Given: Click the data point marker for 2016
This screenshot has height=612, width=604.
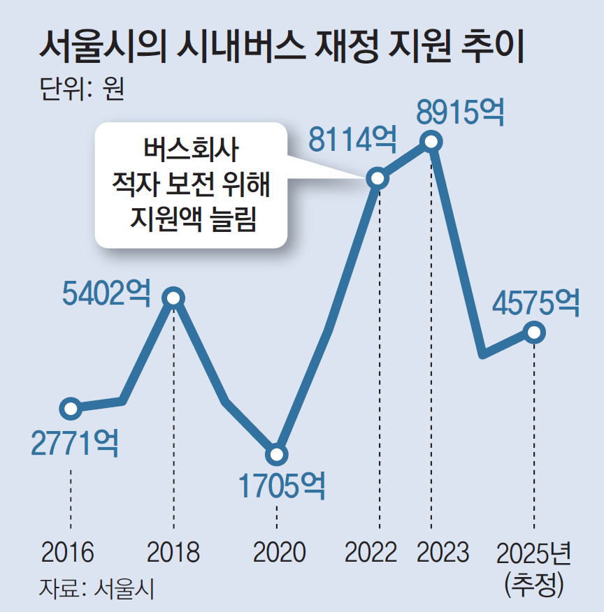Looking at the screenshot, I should (x=71, y=408).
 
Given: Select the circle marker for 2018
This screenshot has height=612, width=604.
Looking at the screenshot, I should (x=173, y=298).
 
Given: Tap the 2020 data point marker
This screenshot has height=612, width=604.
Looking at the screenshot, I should (x=277, y=456).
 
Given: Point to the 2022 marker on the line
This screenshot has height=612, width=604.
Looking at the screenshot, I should (x=378, y=179).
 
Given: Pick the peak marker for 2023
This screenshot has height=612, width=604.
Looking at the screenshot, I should (x=431, y=142).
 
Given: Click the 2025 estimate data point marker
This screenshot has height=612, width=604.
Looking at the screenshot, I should (x=534, y=333).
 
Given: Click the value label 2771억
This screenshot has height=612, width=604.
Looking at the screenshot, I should (x=75, y=442).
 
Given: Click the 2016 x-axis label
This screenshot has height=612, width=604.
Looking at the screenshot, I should (x=68, y=553).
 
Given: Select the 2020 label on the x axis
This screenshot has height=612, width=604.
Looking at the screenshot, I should (x=279, y=553).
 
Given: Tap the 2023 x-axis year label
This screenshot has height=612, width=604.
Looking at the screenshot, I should (x=443, y=553).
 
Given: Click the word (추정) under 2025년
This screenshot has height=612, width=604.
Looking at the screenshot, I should (x=534, y=583).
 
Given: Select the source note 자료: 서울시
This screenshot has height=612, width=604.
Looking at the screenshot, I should (x=96, y=587).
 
